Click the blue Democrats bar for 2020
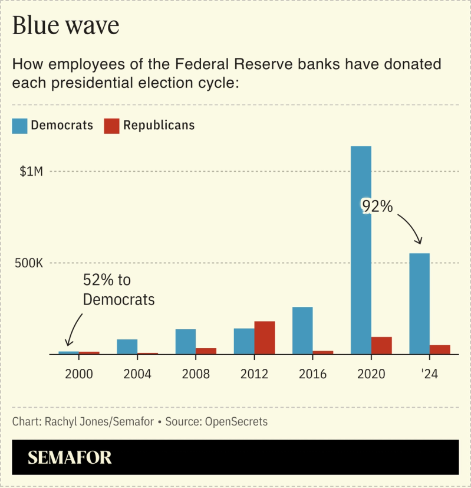[361, 250]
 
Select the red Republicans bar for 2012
[265, 338]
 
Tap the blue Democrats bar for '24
[419, 304]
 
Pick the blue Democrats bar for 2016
[302, 330]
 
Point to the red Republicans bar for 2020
[381, 346]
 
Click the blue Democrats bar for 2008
[186, 342]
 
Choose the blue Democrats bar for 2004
[127, 347]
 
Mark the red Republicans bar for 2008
[206, 351]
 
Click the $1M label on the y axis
[31, 172]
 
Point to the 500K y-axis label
[29, 263]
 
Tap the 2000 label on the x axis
[79, 374]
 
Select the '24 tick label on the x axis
[429, 374]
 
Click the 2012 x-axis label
[254, 374]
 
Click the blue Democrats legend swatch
[19, 126]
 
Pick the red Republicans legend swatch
[111, 126]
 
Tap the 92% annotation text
[377, 207]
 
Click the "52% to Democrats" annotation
[118, 290]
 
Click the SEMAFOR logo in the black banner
[70, 457]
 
